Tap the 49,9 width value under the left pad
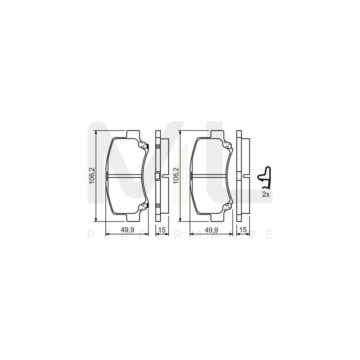[x=126, y=230]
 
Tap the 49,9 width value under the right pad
[x=211, y=230]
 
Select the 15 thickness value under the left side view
[x=162, y=230]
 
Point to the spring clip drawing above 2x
[x=264, y=177]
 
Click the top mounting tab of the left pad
[x=132, y=134]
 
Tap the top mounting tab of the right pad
[x=217, y=134]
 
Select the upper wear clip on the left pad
[x=144, y=147]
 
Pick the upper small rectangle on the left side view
[x=157, y=146]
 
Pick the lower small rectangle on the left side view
[x=157, y=206]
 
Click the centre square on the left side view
[x=157, y=176]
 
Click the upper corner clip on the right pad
[x=229, y=147]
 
